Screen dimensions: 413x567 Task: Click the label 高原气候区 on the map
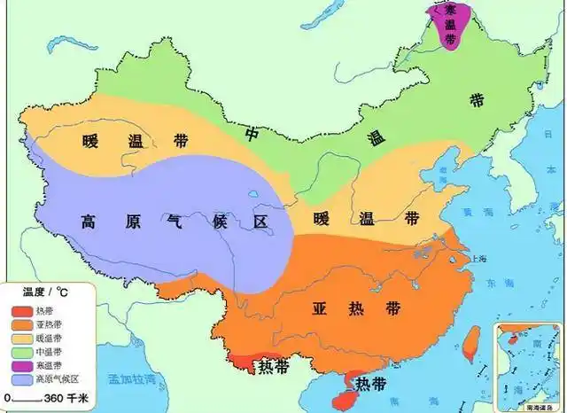[x=174, y=222]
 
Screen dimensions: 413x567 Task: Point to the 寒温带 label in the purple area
[x=450, y=24]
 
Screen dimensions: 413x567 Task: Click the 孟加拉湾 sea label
[x=133, y=378]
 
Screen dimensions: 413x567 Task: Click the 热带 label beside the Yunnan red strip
[x=271, y=364]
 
